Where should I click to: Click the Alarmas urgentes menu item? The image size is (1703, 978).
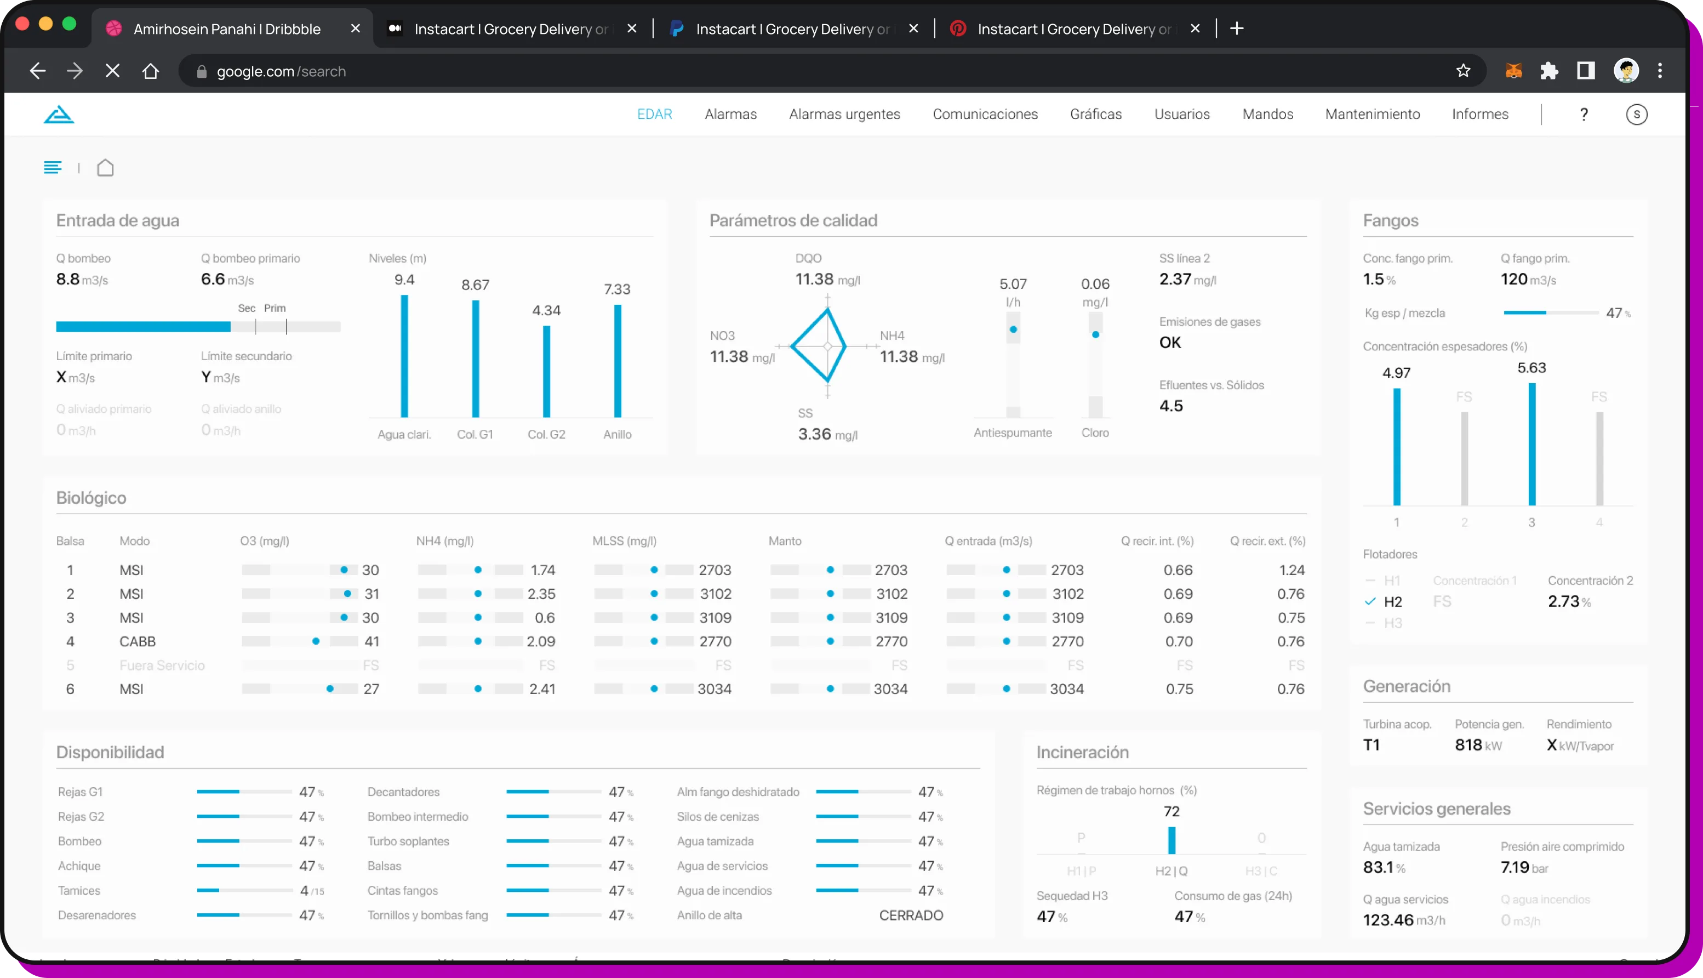(844, 114)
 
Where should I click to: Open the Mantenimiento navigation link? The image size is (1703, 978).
(1372, 114)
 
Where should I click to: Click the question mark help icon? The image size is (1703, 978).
(1584, 114)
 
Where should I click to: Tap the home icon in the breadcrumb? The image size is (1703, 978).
(105, 167)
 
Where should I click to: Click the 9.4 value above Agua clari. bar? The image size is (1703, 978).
(404, 280)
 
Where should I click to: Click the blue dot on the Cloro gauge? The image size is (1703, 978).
(1095, 334)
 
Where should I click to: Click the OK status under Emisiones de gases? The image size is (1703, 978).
(1169, 343)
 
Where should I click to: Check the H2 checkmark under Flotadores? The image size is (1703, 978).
(1370, 602)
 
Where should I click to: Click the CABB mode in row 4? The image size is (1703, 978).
(138, 641)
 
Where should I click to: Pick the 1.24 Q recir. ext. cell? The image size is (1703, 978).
(1291, 570)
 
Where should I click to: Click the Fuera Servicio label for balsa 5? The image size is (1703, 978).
(162, 666)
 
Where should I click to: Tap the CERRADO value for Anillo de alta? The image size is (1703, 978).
(910, 915)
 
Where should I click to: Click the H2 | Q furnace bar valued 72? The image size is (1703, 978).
(1171, 840)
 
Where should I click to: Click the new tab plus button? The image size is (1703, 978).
(1237, 28)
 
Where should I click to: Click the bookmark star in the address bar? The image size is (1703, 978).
(1464, 71)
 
